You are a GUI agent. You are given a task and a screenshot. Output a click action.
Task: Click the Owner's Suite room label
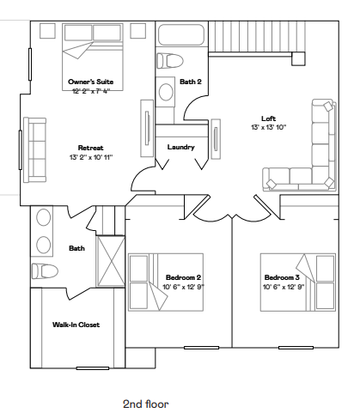click(x=91, y=82)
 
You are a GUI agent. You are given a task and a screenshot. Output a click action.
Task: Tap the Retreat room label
click(x=91, y=148)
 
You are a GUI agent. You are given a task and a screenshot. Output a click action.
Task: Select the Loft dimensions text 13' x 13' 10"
click(x=269, y=127)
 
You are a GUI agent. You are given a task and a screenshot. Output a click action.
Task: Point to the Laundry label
click(x=181, y=147)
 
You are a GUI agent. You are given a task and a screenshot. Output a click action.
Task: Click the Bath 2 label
click(x=191, y=82)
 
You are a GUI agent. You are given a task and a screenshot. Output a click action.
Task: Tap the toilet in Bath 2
click(x=170, y=61)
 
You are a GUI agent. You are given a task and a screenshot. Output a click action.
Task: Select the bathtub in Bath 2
click(x=181, y=34)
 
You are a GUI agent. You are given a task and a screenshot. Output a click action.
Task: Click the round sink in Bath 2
click(x=166, y=92)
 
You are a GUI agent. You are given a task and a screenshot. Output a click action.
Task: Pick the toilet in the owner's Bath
click(x=45, y=271)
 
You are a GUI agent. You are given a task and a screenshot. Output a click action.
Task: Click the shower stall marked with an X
click(x=111, y=261)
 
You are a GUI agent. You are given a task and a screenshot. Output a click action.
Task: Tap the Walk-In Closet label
click(x=76, y=325)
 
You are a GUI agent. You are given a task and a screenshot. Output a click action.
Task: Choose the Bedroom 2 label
click(x=183, y=277)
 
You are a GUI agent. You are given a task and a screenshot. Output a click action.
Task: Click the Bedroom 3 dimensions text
click(x=284, y=287)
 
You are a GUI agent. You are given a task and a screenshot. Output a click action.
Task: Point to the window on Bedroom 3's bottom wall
click(x=296, y=348)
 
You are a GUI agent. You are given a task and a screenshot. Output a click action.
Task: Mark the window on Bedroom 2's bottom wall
click(x=201, y=348)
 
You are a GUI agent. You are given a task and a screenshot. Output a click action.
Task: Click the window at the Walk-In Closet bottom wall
click(x=93, y=368)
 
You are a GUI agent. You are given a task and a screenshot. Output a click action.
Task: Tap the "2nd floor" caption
click(x=146, y=404)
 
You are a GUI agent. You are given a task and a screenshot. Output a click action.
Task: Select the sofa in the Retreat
click(x=34, y=149)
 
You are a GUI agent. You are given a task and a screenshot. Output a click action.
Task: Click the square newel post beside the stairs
click(x=298, y=58)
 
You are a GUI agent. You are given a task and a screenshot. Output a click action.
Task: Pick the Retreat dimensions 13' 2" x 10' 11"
click(x=91, y=157)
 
